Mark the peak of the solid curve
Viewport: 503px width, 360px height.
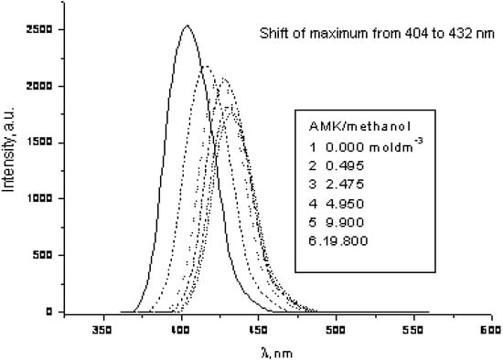pos(187,26)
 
